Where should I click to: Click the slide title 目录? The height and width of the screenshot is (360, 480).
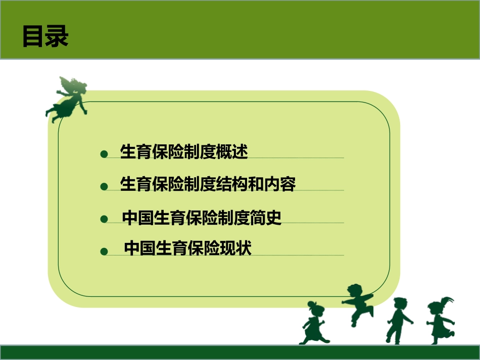point(45,37)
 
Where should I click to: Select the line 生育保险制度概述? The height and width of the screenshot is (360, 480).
point(184,151)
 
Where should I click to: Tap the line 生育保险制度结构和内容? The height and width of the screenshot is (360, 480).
point(208,184)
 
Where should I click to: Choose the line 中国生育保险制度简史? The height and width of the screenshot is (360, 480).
point(202,217)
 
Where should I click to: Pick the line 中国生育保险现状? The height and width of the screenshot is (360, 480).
point(187,248)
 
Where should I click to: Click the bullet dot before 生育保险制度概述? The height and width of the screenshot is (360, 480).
point(104,154)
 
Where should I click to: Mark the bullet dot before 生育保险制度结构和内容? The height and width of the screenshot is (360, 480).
point(104,187)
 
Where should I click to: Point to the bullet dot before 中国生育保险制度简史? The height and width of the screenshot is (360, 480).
point(104,219)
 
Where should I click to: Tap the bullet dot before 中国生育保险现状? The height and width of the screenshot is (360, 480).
point(104,251)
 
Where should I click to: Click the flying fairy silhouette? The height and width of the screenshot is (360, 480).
point(67,98)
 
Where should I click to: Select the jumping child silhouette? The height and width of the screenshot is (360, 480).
point(358,303)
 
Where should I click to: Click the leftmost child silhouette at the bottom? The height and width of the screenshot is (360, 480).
point(315,323)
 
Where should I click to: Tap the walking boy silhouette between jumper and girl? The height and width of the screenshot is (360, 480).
point(399,320)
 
